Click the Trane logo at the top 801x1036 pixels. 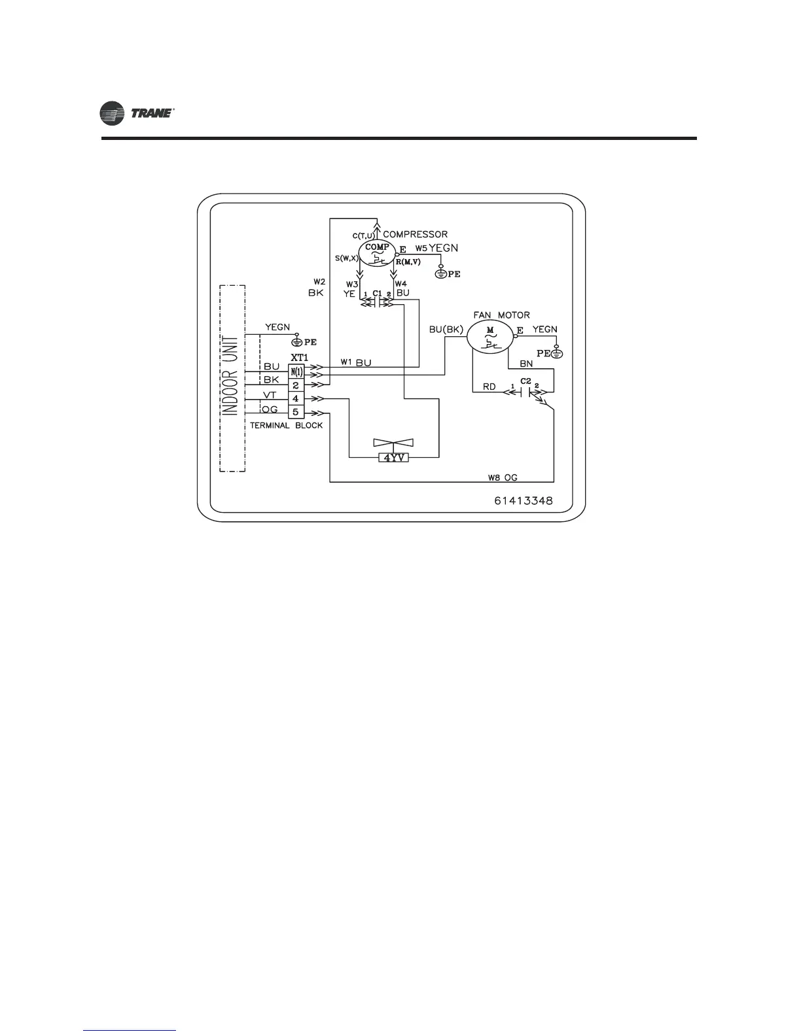click(136, 114)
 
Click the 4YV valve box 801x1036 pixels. click(394, 458)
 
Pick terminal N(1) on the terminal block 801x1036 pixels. click(296, 371)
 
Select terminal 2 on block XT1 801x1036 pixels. click(296, 385)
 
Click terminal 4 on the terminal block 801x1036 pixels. click(296, 398)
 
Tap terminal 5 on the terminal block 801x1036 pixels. click(296, 412)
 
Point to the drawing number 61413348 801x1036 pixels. click(524, 502)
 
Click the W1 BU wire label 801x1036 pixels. click(355, 363)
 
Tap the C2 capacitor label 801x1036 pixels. click(525, 381)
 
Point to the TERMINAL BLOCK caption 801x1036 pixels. click(286, 425)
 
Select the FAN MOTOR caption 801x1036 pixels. click(501, 315)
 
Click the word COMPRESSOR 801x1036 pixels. click(415, 234)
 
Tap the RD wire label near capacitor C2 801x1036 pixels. click(489, 387)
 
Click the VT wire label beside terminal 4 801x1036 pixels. click(270, 395)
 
